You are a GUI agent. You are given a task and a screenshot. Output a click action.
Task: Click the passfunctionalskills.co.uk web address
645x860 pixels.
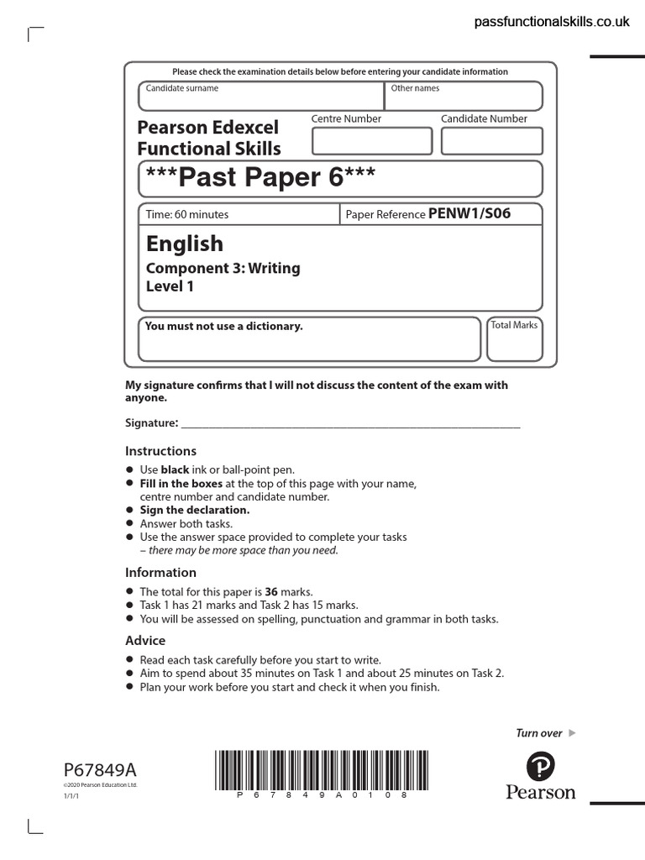click(x=551, y=23)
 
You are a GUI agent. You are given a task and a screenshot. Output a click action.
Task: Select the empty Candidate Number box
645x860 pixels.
click(x=491, y=141)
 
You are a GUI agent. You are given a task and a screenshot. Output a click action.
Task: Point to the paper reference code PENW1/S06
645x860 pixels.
click(x=469, y=214)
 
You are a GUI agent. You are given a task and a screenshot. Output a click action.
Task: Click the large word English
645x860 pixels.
click(x=185, y=244)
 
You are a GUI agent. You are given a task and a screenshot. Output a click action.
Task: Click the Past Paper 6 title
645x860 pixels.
click(x=260, y=178)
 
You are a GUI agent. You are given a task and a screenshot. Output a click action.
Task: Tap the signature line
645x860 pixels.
click(x=350, y=426)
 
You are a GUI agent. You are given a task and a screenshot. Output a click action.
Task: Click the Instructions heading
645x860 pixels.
click(x=160, y=451)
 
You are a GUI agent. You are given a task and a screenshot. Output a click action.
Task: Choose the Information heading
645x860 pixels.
click(x=160, y=573)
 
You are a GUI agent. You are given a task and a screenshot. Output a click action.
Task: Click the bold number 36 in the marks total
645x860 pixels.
click(x=271, y=592)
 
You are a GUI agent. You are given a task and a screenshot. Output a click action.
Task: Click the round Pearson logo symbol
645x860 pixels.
click(x=541, y=767)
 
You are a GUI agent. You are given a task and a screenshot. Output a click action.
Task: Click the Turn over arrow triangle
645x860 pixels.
click(x=573, y=733)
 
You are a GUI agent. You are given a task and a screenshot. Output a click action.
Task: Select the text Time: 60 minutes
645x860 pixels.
click(x=187, y=215)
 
